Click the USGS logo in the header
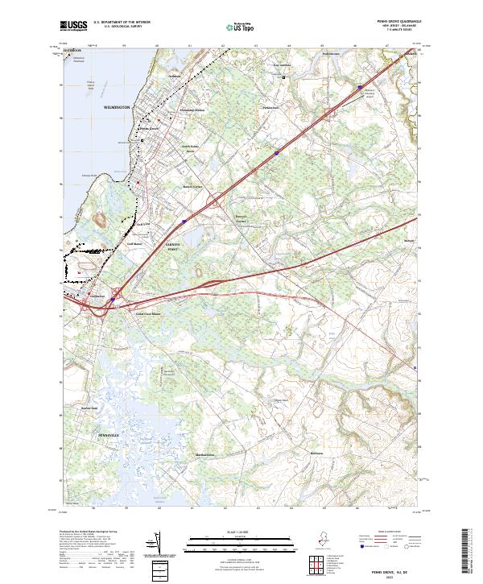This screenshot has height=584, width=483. click(x=73, y=27)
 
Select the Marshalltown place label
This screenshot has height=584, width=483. click(x=184, y=455)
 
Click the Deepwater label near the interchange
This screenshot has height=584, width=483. click(x=97, y=296)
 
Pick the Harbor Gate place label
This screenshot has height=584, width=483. click(x=89, y=408)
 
